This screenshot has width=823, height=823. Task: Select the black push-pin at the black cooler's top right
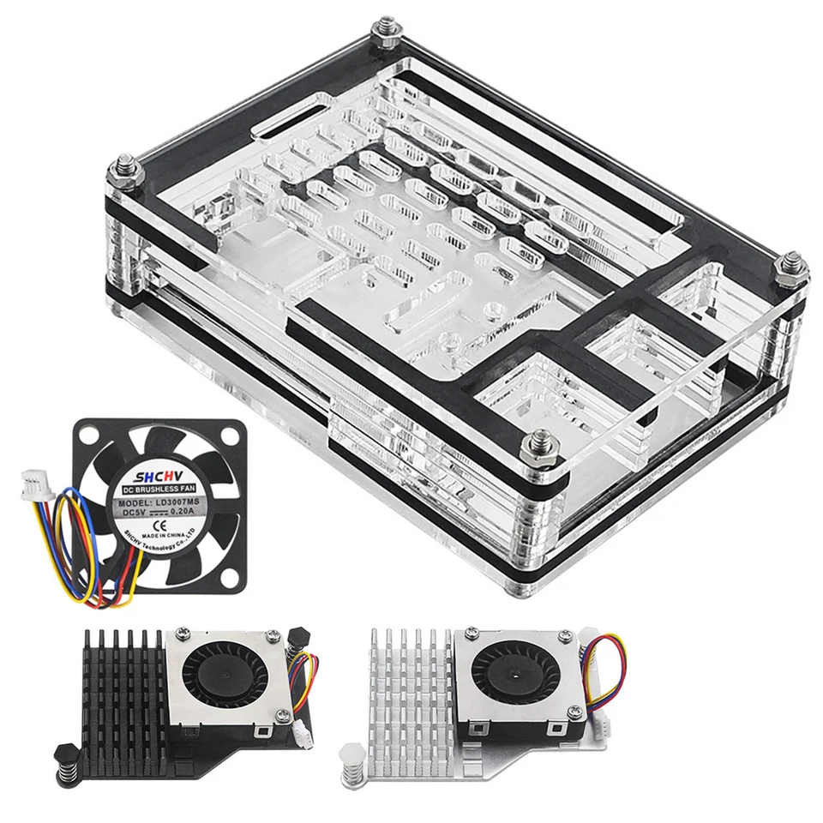click(x=300, y=636)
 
